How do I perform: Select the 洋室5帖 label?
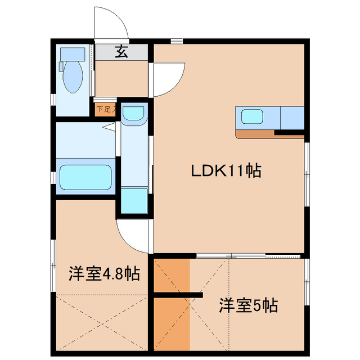[248, 307]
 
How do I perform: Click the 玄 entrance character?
[121, 52]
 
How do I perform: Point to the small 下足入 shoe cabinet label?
[105, 109]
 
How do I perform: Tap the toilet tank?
[71, 54]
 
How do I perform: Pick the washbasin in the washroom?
[134, 114]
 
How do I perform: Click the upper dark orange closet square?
[172, 276]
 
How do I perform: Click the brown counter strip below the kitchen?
[256, 134]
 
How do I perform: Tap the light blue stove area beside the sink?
[292, 118]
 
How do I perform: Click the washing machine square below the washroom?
[134, 200]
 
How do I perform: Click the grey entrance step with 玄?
[121, 52]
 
